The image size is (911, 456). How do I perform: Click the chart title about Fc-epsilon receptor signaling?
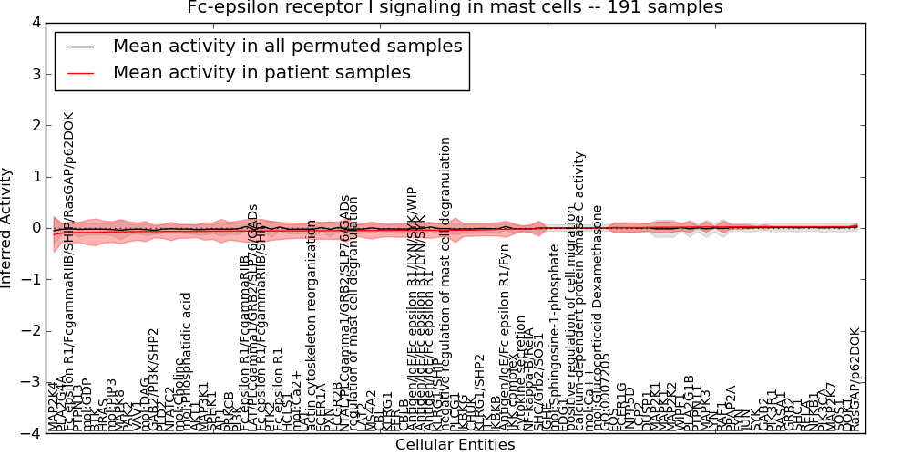pos(455,8)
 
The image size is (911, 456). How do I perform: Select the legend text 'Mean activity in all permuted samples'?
pos(287,46)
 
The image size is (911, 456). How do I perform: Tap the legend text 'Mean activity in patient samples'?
pos(261,72)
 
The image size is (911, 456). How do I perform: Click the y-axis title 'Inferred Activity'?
pos(7,228)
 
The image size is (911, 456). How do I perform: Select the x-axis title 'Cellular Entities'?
pos(455,445)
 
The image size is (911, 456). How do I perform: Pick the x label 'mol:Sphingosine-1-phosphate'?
pos(554,347)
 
